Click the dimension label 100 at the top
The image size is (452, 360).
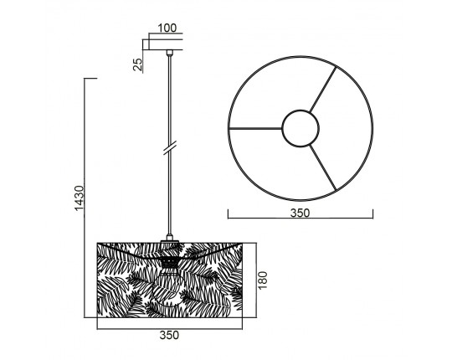(x=167, y=28)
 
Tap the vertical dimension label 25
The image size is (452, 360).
(x=138, y=64)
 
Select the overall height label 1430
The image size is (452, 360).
(x=79, y=198)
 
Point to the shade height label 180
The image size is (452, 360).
(x=263, y=280)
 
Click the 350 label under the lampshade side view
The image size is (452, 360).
(x=169, y=335)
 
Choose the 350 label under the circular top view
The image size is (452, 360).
(x=300, y=213)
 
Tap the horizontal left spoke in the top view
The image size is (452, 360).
(x=255, y=129)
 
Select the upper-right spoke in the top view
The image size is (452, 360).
(x=323, y=89)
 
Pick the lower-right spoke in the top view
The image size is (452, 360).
(x=323, y=167)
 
